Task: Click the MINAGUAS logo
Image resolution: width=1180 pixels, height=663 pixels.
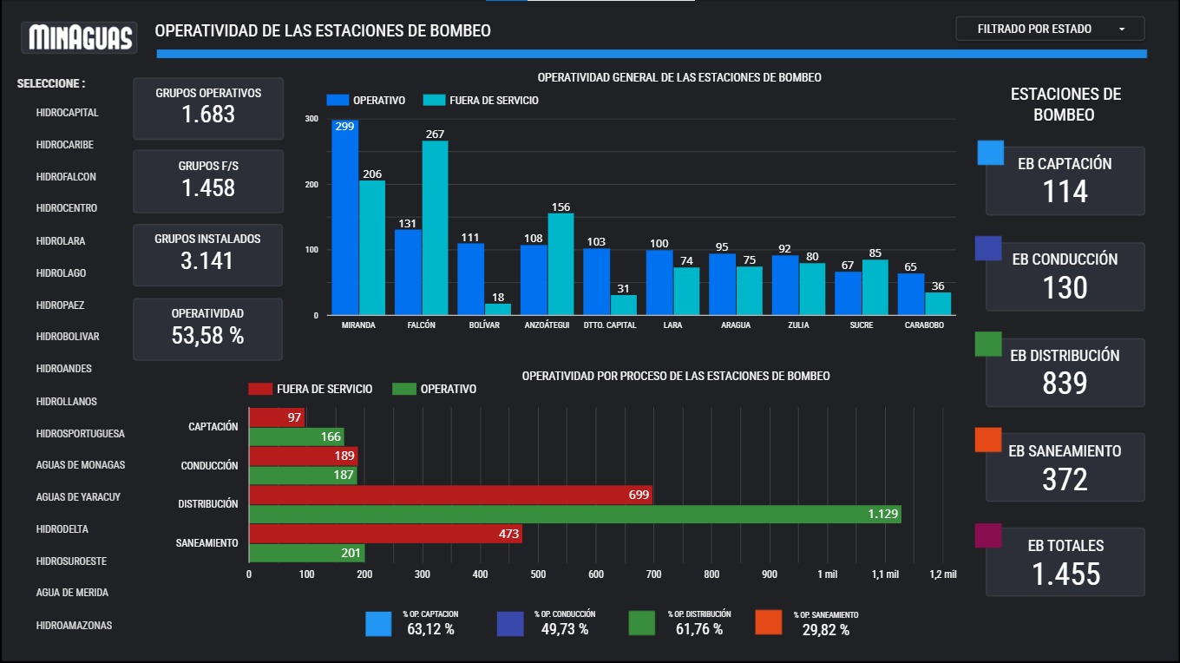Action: pos(81,37)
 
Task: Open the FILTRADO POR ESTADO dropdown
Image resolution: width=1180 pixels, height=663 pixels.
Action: pos(1050,29)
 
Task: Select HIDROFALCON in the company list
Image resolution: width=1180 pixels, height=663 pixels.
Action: pos(66,177)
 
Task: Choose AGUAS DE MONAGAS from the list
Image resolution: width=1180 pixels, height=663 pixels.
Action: pos(81,465)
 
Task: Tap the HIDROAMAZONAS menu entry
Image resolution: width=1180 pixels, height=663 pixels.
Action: pos(74,626)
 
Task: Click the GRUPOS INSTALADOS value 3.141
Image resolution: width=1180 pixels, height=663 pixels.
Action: pos(207,260)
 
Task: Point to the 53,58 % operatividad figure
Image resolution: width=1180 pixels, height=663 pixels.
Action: pos(207,336)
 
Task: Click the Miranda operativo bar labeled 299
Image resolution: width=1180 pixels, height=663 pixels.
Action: pos(345,217)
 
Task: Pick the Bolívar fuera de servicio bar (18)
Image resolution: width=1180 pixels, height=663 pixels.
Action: pos(498,309)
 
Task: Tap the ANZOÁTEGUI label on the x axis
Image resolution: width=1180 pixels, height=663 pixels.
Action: pos(547,325)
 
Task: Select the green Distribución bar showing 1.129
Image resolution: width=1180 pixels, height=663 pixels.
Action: pos(574,515)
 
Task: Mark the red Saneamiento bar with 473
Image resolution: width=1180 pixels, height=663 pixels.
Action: pos(385,534)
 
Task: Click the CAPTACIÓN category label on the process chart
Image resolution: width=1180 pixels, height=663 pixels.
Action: pos(213,427)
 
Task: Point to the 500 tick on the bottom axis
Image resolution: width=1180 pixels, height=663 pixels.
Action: pos(538,574)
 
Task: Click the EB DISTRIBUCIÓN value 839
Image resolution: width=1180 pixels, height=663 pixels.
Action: pos(1065,383)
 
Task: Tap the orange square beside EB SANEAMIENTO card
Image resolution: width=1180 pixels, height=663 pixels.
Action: pos(989,439)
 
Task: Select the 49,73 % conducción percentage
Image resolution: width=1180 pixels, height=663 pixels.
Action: pos(565,629)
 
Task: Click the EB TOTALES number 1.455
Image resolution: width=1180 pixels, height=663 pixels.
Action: pos(1065,574)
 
